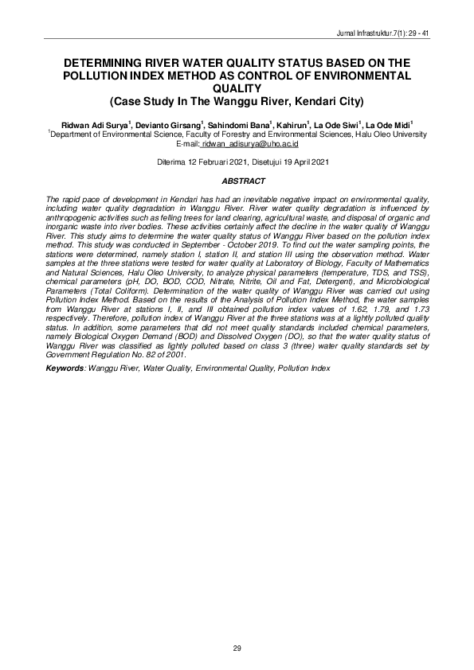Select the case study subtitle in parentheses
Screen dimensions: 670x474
click(237, 101)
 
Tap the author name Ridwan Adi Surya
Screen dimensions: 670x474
click(95, 126)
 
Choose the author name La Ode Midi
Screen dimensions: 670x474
click(390, 126)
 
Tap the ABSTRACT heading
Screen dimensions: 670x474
click(237, 181)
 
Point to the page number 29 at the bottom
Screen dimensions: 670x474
click(237, 650)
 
